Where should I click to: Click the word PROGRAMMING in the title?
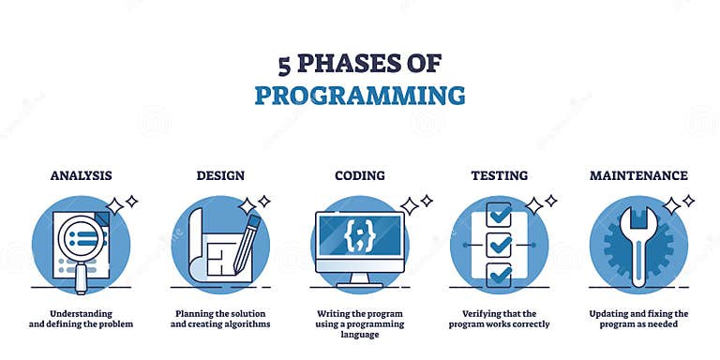pos(360,95)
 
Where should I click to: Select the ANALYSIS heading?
pos(81,175)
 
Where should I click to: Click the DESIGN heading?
pos(220,175)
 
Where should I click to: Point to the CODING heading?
pos(359,175)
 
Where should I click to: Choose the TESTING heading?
pos(499,175)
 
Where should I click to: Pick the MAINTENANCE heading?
pos(638,175)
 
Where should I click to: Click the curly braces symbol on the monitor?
pos(359,236)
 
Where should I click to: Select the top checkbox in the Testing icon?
pos(499,214)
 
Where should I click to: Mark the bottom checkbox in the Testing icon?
pos(499,274)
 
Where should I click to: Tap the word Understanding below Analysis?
pos(82,312)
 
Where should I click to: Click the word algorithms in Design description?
pos(243,324)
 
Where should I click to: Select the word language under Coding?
pos(359,337)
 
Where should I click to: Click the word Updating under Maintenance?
pos(611,312)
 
